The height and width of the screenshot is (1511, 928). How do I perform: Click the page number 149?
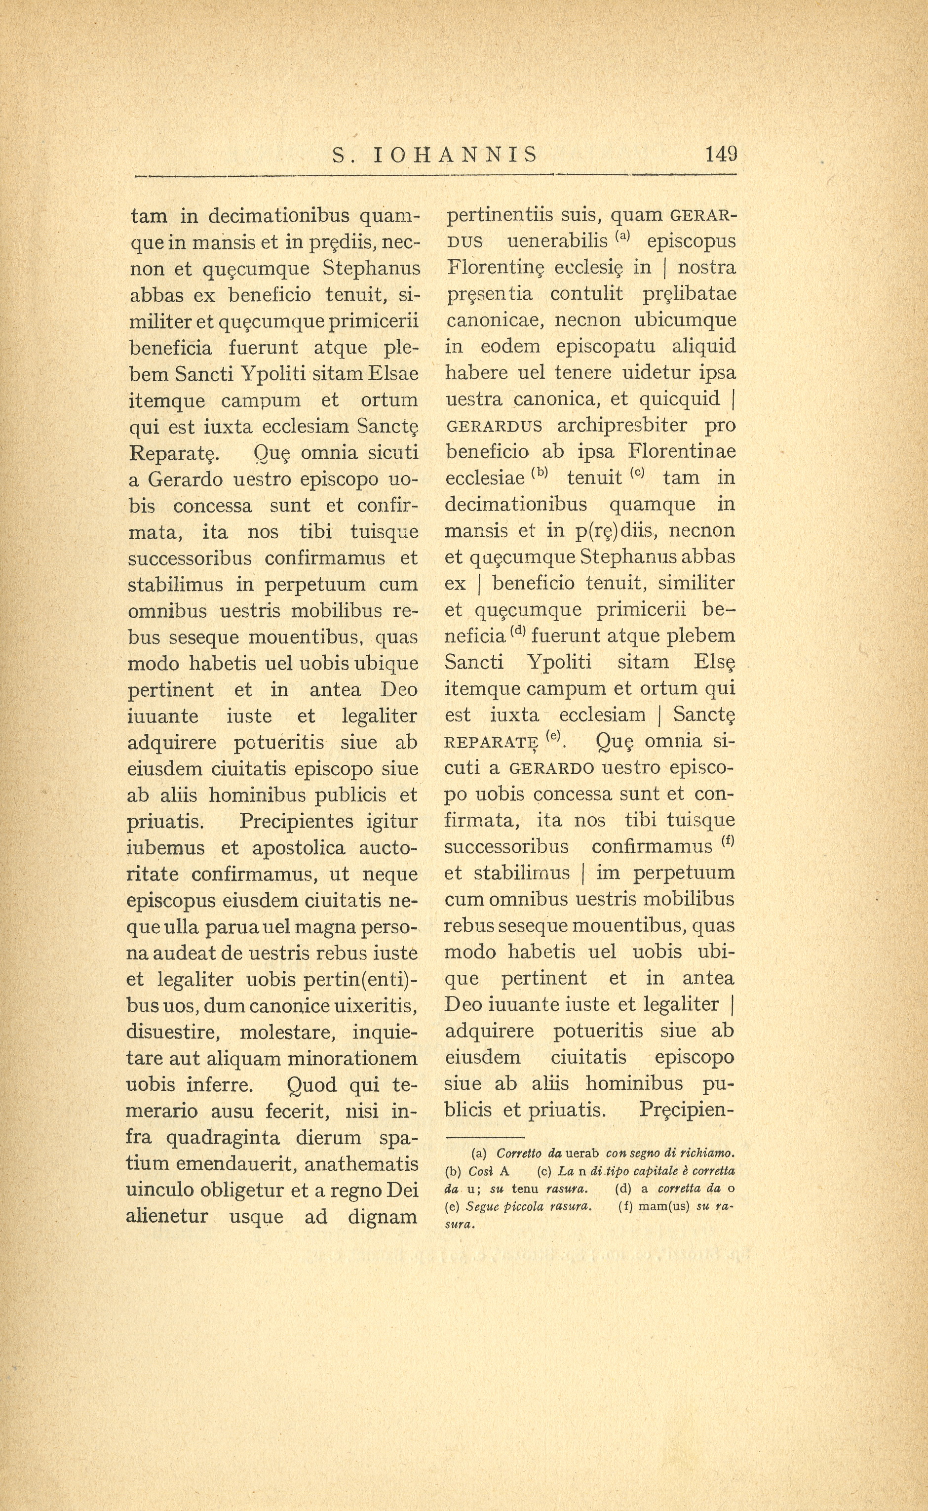pos(721,154)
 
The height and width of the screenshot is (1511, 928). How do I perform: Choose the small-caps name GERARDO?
pos(552,768)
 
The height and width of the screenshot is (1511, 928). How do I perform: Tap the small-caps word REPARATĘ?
pos(492,742)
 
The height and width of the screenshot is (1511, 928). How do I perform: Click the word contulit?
pos(585,293)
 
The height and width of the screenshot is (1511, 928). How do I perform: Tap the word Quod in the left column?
pos(312,1085)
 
